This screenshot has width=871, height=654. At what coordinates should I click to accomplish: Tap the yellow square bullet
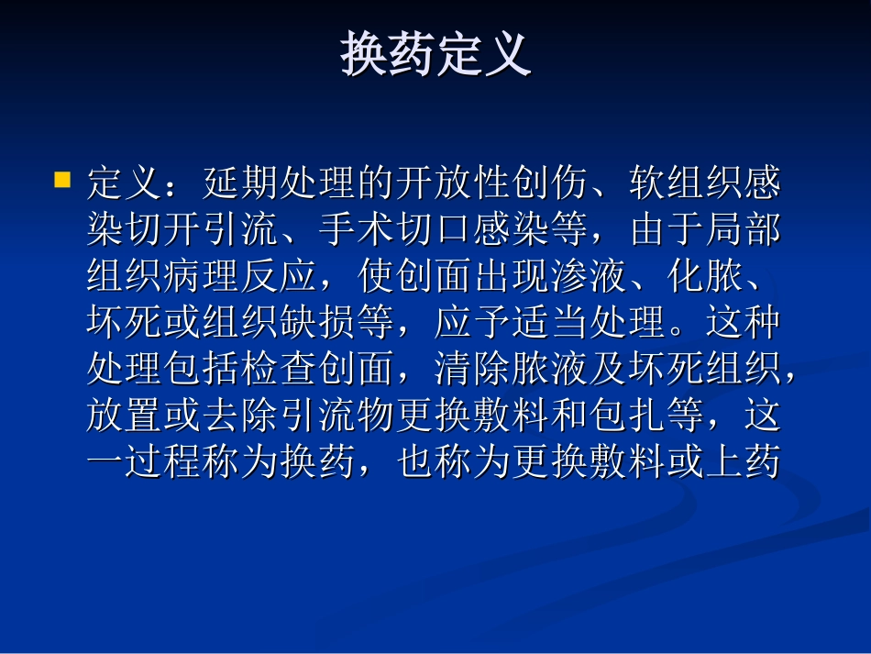[62, 178]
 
